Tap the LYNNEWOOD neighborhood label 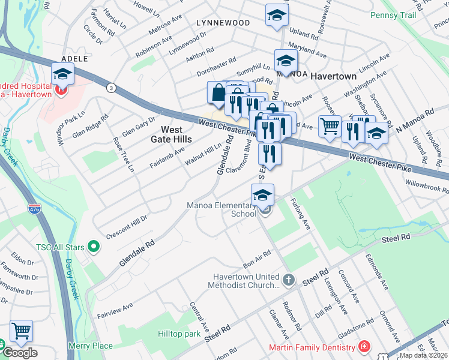tap(223, 23)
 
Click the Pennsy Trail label tap(393, 14)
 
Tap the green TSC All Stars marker tap(93, 245)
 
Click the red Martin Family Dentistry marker tap(363, 347)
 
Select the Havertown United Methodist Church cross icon tap(289, 280)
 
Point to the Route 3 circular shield tap(111, 88)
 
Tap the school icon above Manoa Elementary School tap(262, 195)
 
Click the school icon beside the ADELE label tap(62, 74)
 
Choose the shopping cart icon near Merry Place tap(21, 331)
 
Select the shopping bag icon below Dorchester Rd tap(217, 93)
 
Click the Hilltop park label tap(178, 333)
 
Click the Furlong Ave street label tap(300, 214)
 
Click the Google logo tap(20, 353)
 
